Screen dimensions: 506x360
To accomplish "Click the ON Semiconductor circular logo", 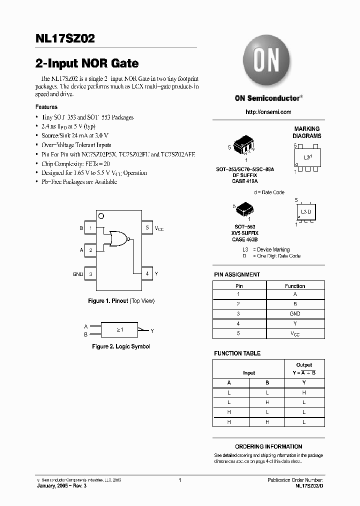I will [267, 61].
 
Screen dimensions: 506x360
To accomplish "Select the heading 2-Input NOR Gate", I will [87, 63].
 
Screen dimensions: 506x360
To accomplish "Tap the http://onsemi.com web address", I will [268, 112].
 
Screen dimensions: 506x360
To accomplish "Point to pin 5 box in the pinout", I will [147, 228].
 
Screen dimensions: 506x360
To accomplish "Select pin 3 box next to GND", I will [90, 274].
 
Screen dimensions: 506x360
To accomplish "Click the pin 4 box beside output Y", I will [147, 274].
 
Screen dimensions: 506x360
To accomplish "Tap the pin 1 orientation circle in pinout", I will [101, 216].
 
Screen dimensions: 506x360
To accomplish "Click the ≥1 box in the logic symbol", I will [119, 330].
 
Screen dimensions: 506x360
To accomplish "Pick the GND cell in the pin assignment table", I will [295, 314].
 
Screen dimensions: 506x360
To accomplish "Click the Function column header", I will [295, 286].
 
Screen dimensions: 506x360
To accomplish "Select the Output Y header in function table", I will [304, 369].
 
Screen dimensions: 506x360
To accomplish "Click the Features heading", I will [46, 107].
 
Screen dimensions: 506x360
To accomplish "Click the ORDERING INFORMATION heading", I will [268, 446].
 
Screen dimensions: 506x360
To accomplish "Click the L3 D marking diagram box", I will [305, 212].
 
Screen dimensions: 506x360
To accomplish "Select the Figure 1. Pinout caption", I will [121, 301].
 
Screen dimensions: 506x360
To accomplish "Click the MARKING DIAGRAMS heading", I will [307, 132].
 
